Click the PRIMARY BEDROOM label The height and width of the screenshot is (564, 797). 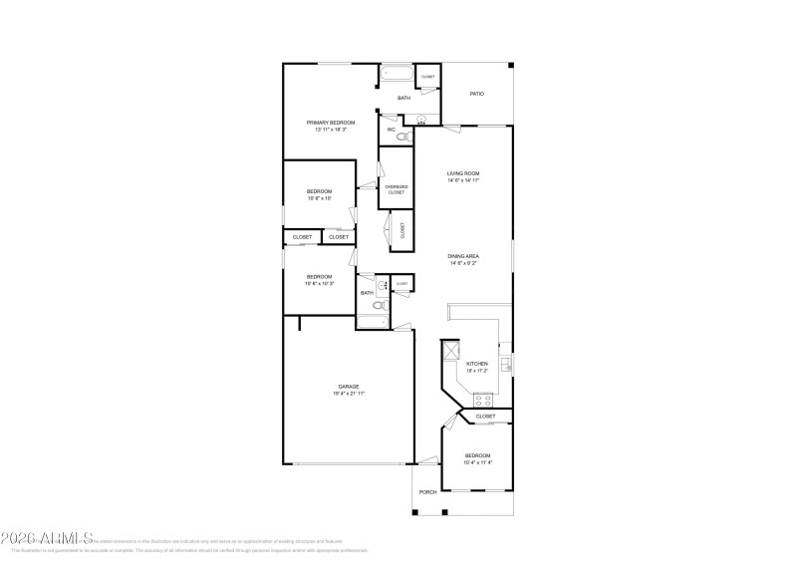[330, 123]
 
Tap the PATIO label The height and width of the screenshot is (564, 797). [477, 94]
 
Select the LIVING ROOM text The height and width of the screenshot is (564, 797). [464, 173]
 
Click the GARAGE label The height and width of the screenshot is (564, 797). [349, 387]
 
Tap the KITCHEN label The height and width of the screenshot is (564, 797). [477, 364]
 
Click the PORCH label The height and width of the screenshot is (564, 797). [427, 492]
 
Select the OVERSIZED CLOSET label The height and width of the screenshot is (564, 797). [396, 189]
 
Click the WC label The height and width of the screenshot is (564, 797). [392, 130]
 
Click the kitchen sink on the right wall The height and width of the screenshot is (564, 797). [506, 363]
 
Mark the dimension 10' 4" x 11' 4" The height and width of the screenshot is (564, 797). [478, 462]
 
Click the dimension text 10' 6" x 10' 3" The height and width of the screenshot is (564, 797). [319, 284]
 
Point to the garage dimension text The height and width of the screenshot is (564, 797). [349, 394]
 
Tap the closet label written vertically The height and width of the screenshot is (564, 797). [402, 229]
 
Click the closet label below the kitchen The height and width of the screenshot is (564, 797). [485, 417]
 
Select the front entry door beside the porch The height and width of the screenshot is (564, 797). [428, 460]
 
